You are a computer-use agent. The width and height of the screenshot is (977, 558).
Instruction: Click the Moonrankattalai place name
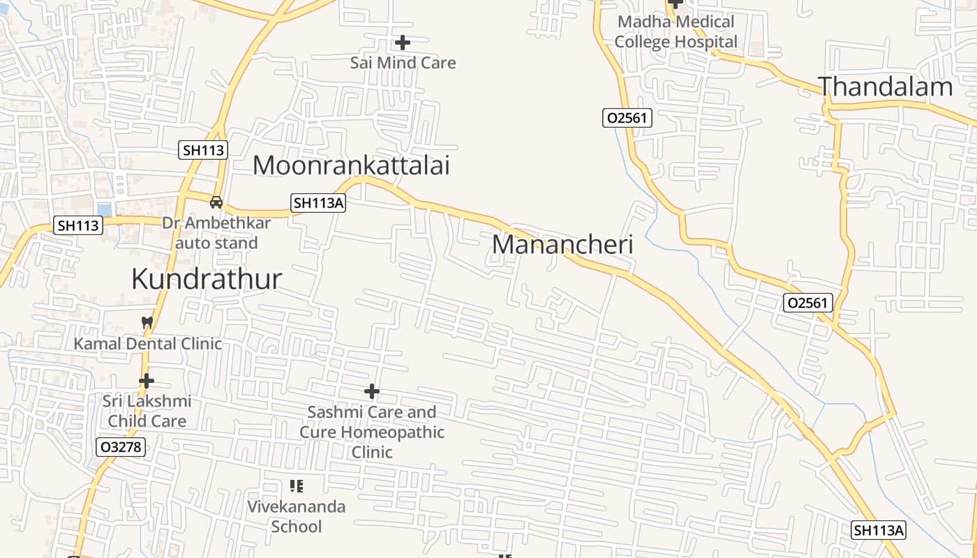pyautogui.click(x=351, y=165)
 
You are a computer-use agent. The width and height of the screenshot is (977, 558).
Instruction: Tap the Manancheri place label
pyautogui.click(x=562, y=245)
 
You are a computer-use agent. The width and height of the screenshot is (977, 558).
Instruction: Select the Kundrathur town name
pyautogui.click(x=207, y=279)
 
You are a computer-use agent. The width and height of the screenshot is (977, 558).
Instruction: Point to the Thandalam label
pyautogui.click(x=885, y=86)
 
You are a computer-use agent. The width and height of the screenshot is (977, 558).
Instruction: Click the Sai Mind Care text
pyautogui.click(x=403, y=63)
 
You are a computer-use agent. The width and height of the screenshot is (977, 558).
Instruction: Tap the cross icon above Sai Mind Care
pyautogui.click(x=403, y=43)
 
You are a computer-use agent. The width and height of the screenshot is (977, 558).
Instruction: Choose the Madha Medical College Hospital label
pyautogui.click(x=676, y=32)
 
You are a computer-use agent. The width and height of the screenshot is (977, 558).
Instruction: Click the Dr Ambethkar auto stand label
pyautogui.click(x=216, y=233)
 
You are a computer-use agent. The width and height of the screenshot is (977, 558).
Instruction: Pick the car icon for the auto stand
pyautogui.click(x=216, y=202)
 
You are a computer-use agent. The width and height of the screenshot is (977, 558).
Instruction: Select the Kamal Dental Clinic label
pyautogui.click(x=148, y=343)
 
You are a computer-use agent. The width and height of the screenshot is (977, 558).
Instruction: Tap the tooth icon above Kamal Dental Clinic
pyautogui.click(x=147, y=322)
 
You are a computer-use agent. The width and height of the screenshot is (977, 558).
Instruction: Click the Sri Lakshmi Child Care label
pyautogui.click(x=147, y=412)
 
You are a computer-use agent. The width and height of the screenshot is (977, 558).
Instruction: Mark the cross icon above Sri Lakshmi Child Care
pyautogui.click(x=147, y=381)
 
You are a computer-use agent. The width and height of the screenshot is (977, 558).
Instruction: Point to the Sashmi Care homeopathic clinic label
pyautogui.click(x=372, y=432)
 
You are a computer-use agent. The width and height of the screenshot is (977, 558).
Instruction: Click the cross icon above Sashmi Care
pyautogui.click(x=372, y=391)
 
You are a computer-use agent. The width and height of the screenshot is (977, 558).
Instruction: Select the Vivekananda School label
pyautogui.click(x=297, y=516)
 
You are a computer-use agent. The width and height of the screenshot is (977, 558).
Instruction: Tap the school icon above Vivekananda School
pyautogui.click(x=297, y=486)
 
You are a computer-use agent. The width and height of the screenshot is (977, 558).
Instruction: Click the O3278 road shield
pyautogui.click(x=121, y=447)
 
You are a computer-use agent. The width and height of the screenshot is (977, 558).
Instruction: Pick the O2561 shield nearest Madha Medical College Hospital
pyautogui.click(x=627, y=118)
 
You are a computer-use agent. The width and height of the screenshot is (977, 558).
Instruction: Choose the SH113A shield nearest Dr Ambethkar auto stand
pyautogui.click(x=318, y=203)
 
